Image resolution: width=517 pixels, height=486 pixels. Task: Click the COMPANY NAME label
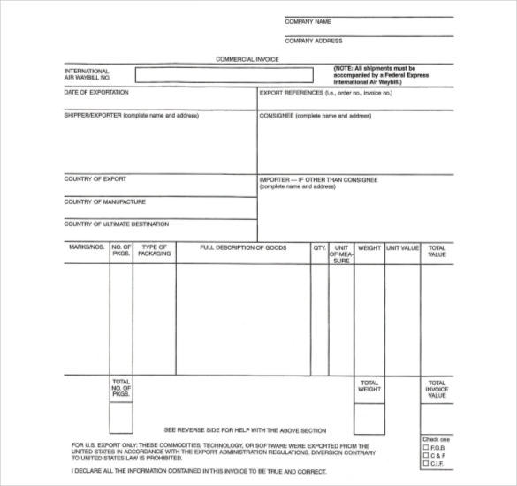(x=308, y=21)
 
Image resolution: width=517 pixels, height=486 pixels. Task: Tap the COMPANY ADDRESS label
(x=314, y=41)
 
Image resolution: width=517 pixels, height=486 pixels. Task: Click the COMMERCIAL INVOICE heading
(x=247, y=59)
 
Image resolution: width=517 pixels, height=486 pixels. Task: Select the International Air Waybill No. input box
(x=224, y=75)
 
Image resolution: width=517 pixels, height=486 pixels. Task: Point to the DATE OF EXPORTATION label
(x=96, y=92)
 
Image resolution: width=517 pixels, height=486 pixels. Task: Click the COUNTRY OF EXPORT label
(x=95, y=178)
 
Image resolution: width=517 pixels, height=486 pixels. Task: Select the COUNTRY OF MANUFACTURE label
(x=104, y=201)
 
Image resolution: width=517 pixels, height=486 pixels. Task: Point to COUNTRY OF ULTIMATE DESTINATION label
(x=116, y=224)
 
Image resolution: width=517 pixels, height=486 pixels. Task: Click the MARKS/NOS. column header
(x=87, y=248)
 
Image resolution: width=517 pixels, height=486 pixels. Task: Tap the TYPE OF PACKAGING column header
(x=155, y=251)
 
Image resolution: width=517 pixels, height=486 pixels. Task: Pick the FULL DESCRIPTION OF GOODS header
(x=244, y=248)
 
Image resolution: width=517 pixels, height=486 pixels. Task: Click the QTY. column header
(x=319, y=248)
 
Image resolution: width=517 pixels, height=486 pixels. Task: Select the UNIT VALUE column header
(x=401, y=248)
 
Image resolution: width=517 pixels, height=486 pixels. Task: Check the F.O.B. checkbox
(x=425, y=448)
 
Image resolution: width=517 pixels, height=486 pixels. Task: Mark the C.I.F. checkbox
(x=425, y=464)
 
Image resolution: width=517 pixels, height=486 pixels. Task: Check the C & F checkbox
(x=425, y=456)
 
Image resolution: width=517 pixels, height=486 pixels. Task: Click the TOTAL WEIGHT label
(x=369, y=385)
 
